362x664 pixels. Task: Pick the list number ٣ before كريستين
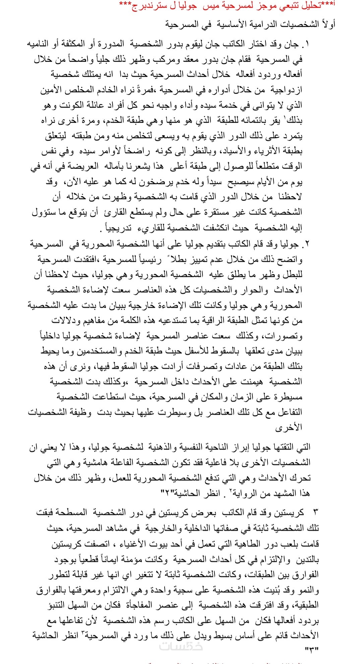pyautogui.click(x=315, y=512)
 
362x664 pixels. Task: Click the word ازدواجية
pyautogui.click(x=286, y=90)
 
